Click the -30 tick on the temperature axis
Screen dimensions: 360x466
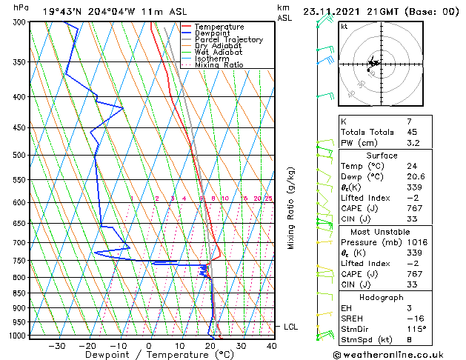56,345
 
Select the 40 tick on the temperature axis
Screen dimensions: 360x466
271,345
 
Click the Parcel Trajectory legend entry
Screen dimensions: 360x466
228,40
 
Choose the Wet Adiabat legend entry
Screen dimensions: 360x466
219,52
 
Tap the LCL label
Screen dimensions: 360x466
292,327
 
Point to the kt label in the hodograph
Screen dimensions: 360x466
344,26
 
